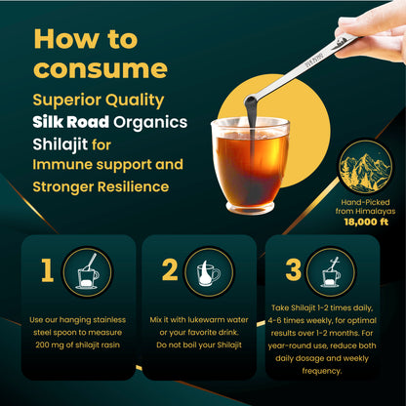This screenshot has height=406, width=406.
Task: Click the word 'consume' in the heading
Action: point(99,69)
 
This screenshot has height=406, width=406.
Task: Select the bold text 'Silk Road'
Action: point(74,123)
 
